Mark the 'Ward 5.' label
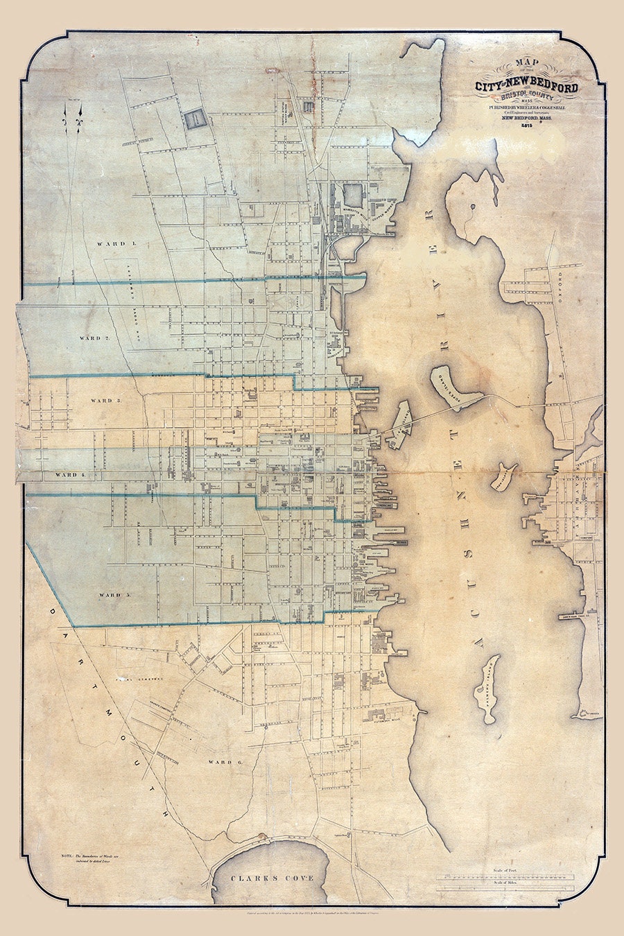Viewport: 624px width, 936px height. point(114,595)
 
